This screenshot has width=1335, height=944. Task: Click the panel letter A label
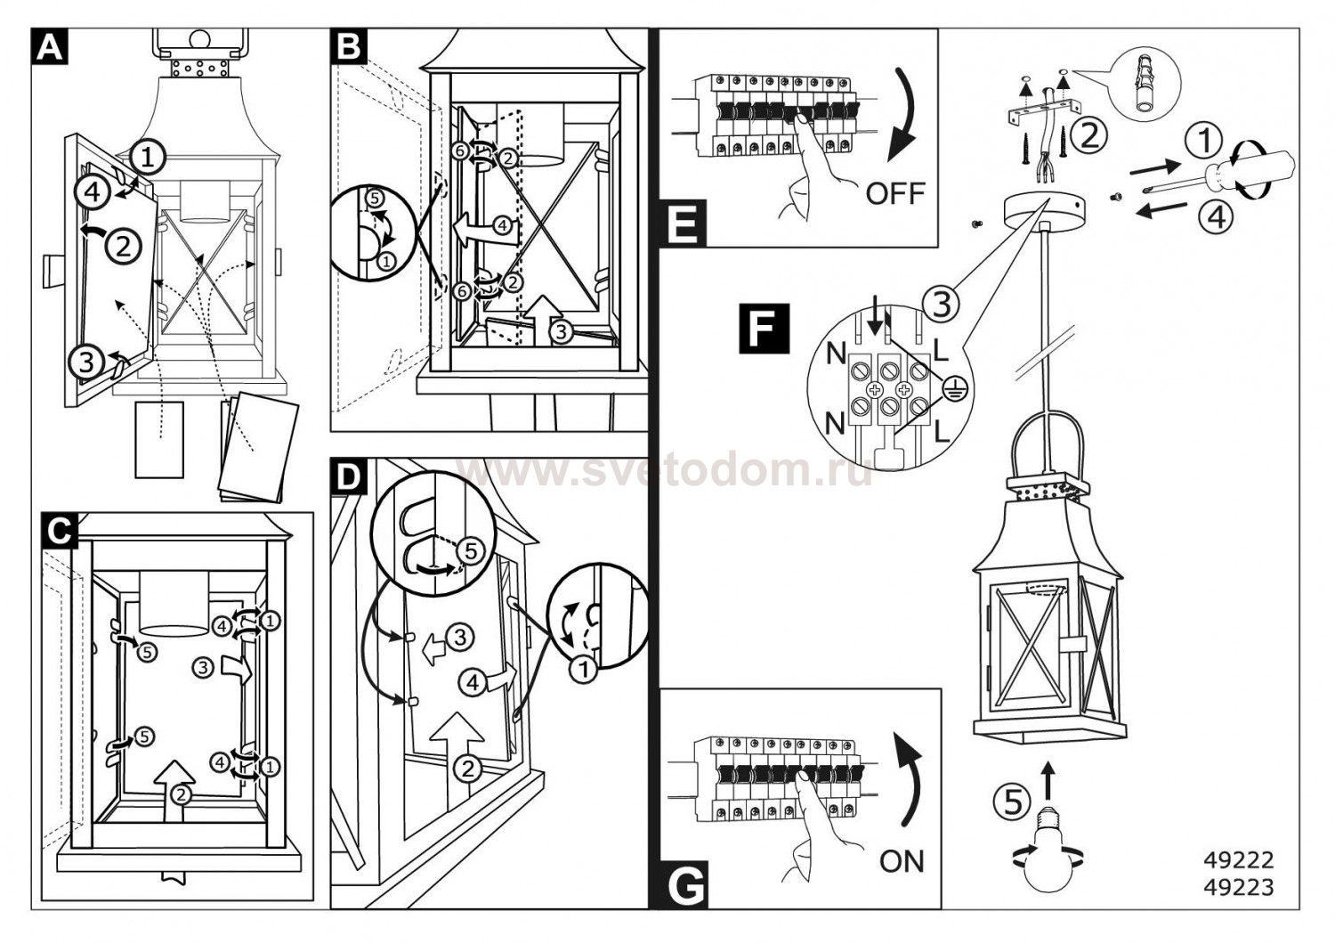tap(50, 46)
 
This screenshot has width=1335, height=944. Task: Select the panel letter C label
tap(57, 530)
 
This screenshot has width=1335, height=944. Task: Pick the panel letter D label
tap(347, 478)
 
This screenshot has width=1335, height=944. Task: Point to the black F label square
tap(763, 329)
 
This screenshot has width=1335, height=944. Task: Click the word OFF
tap(894, 192)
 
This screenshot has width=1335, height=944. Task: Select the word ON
tap(902, 860)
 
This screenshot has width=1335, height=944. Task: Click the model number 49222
tap(1238, 860)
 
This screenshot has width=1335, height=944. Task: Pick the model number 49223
tap(1238, 887)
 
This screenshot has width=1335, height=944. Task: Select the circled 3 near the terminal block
tap(942, 304)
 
